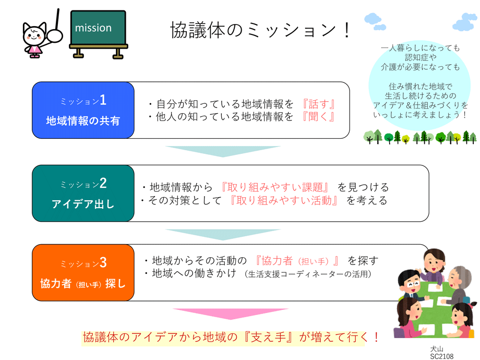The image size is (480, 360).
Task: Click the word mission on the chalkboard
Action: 93,28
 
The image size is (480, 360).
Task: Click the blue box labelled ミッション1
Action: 83,110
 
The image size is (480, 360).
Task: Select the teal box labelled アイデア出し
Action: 83,193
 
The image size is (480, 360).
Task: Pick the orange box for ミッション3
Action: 83,272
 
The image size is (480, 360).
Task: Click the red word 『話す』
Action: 319,104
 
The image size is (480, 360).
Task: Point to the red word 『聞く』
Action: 319,117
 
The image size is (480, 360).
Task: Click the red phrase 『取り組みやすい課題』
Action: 275,187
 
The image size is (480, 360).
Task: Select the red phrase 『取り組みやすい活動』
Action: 284,200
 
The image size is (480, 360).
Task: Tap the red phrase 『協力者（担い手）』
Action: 297,261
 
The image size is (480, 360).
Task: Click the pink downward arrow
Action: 231,314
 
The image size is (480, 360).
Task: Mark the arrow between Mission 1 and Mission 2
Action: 223,151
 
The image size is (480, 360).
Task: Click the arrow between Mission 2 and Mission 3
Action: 223,234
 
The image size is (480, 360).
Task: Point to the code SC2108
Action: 442,356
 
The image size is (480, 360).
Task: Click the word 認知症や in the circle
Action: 421,57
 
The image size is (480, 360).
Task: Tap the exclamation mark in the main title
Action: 346,30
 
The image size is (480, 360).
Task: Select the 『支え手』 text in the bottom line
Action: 268,337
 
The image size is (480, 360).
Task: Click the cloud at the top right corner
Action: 465,22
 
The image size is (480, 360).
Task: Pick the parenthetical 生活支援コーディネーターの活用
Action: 308,274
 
